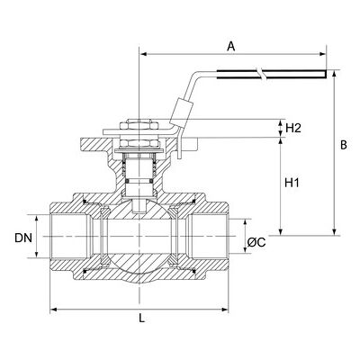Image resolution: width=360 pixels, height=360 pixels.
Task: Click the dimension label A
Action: click(x=230, y=47)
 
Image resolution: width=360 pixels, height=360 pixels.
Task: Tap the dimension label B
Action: click(x=344, y=145)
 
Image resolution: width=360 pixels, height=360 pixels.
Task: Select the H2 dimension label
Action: click(x=293, y=129)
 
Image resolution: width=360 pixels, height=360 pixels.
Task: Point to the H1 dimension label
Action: click(x=292, y=183)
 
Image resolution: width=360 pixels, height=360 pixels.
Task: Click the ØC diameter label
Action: click(x=256, y=242)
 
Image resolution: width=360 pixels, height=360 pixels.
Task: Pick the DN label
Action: click(x=23, y=238)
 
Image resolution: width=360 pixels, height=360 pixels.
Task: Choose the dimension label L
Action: click(x=141, y=319)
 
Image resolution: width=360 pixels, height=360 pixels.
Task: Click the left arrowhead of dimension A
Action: click(x=143, y=54)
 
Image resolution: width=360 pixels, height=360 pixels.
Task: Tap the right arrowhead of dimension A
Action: click(x=323, y=54)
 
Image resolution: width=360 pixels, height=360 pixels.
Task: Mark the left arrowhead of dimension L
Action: click(x=53, y=310)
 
